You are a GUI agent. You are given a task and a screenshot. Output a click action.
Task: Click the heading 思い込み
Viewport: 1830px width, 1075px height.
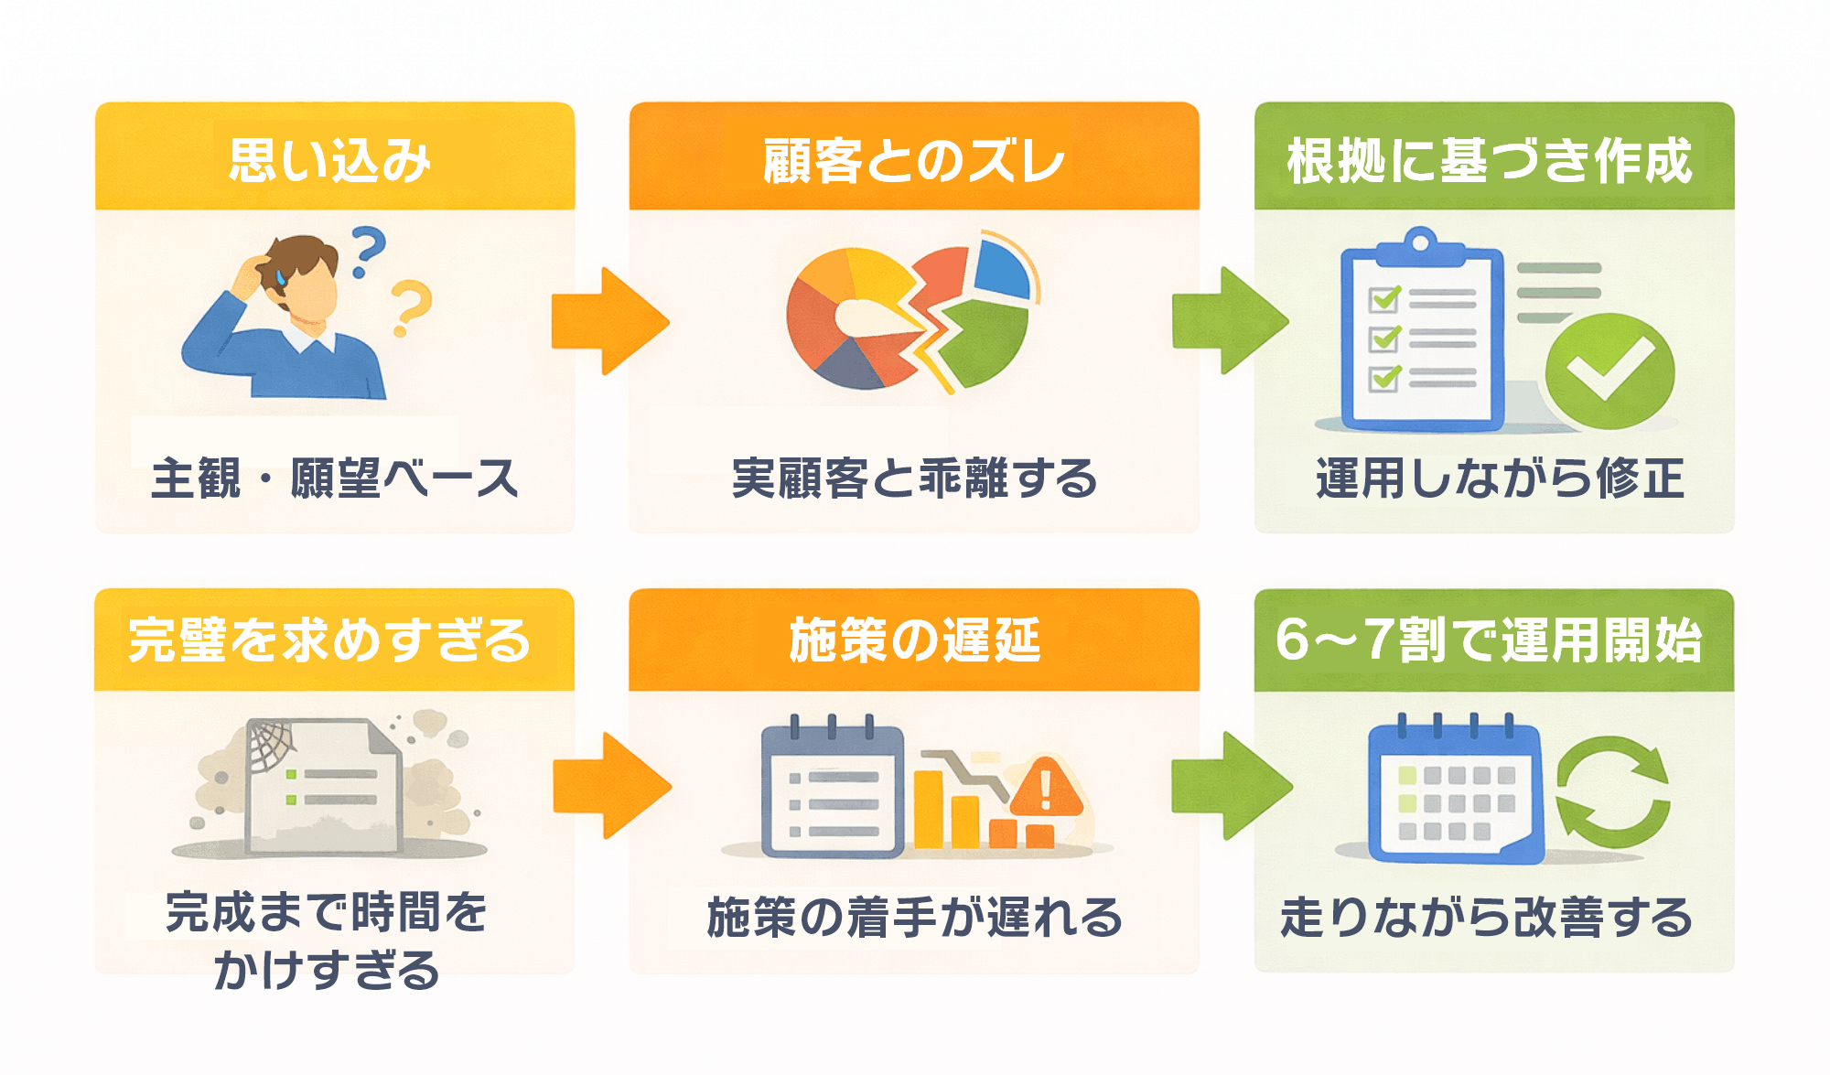pyautogui.click(x=330, y=161)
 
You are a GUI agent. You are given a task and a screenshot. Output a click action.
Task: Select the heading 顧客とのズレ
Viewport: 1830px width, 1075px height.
pyautogui.click(x=913, y=161)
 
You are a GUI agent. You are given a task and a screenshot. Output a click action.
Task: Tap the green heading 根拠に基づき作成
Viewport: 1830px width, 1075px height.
pyautogui.click(x=1491, y=161)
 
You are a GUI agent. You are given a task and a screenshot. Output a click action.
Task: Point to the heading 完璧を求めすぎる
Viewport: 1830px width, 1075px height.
pyautogui.click(x=330, y=640)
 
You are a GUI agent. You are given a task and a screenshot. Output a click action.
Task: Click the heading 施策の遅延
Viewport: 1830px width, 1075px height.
pyautogui.click(x=913, y=640)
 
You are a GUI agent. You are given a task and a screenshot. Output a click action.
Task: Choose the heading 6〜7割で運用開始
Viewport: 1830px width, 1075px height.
pyautogui.click(x=1491, y=640)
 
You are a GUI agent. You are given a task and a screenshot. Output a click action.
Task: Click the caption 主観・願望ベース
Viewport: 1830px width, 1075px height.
pyautogui.click(x=335, y=478)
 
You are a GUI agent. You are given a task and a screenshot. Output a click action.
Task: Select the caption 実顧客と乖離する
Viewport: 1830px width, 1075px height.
pyautogui.click(x=913, y=478)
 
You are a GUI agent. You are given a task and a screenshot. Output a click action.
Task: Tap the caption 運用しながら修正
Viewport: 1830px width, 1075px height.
pyautogui.click(x=1500, y=478)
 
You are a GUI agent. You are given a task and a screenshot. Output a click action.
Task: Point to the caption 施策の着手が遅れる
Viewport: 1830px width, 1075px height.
pyautogui.click(x=913, y=918)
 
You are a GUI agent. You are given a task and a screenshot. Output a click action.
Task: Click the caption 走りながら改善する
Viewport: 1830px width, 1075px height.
pyautogui.click(x=1486, y=918)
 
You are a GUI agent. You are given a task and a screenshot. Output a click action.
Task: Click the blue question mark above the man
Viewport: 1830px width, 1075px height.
pyautogui.click(x=368, y=251)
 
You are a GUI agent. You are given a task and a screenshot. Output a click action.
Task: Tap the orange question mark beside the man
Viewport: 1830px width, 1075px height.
pyautogui.click(x=411, y=307)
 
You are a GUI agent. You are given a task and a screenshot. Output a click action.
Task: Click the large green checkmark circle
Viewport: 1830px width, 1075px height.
pyautogui.click(x=1609, y=371)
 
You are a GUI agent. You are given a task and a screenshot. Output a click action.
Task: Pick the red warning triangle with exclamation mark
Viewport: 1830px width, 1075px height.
pyautogui.click(x=1046, y=788)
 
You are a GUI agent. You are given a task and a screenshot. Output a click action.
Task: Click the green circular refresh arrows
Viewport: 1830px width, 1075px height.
pyautogui.click(x=1613, y=791)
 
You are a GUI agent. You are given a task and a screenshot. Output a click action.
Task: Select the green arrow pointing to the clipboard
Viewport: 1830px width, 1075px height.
pyautogui.click(x=1230, y=320)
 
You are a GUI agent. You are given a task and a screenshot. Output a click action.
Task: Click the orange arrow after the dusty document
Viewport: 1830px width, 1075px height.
pyautogui.click(x=611, y=785)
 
